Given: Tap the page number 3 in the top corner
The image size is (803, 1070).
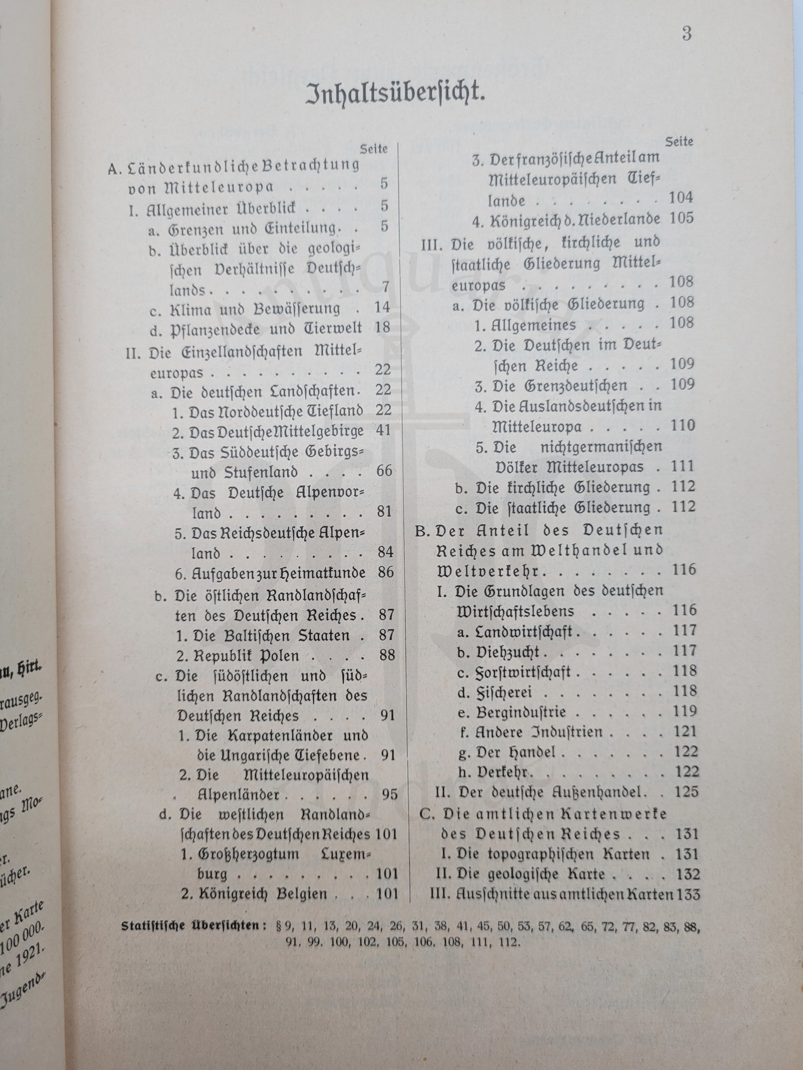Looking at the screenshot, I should pos(686,35).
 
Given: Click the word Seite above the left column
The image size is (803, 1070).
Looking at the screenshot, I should pos(374,149).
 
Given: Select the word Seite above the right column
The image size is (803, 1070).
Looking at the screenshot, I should pos(679,142).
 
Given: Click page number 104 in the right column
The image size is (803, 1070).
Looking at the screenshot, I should pos(680,198).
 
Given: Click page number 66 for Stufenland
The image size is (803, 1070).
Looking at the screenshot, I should pos(383,470).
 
